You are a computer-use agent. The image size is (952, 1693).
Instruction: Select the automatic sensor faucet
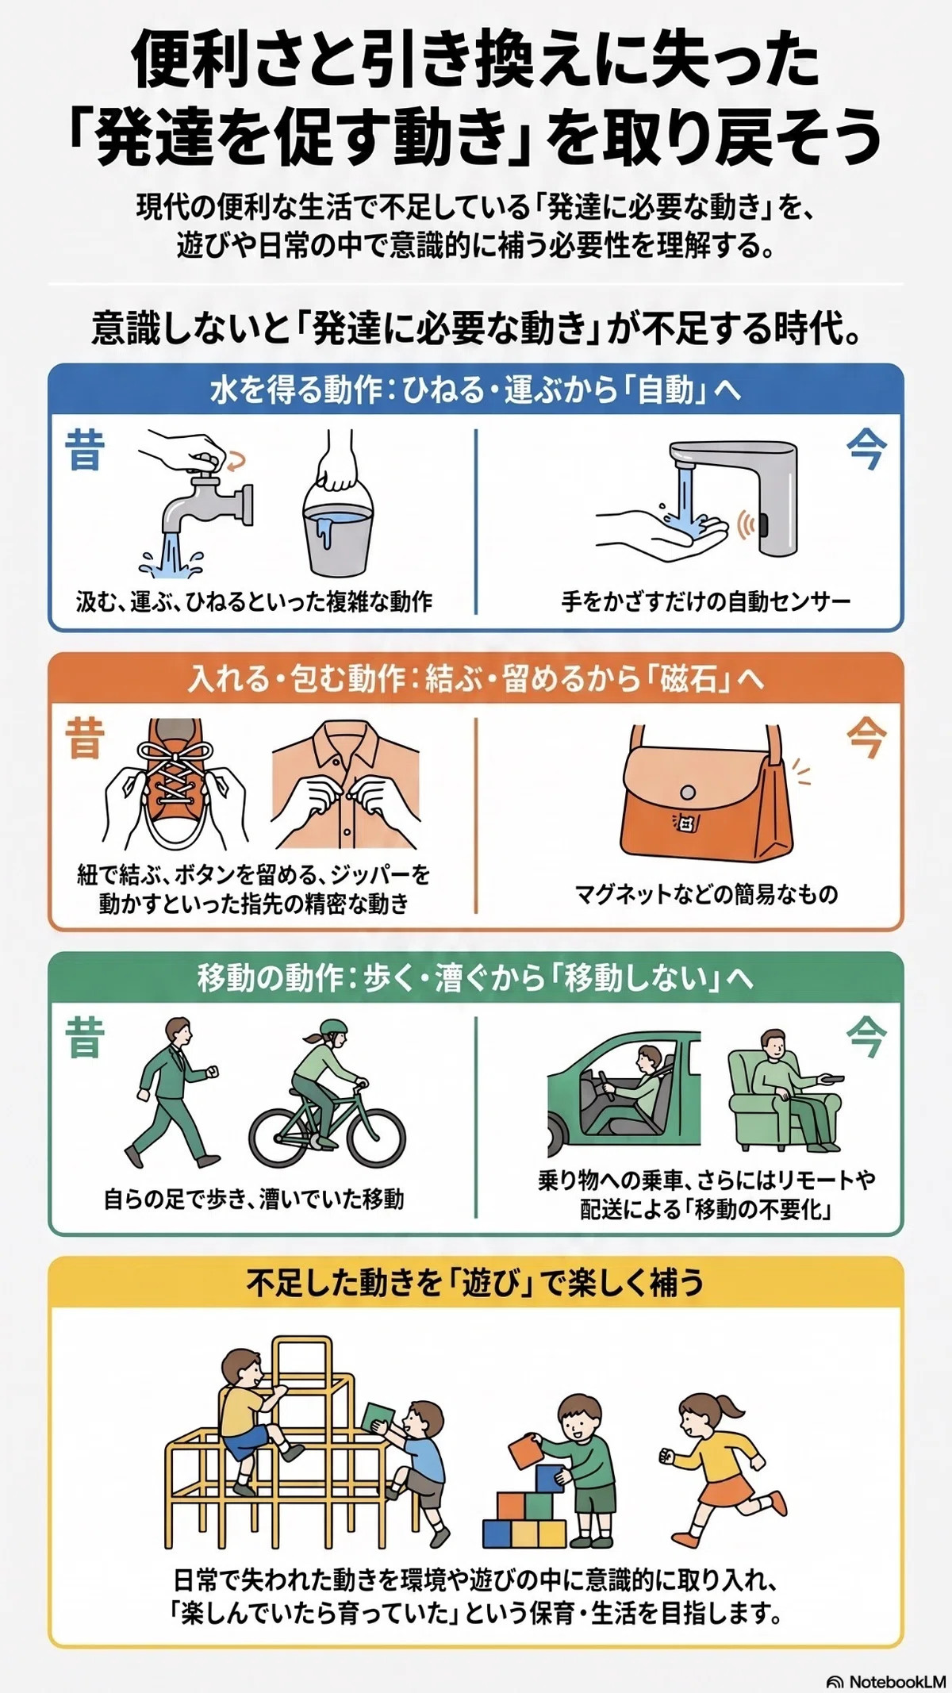click(x=738, y=492)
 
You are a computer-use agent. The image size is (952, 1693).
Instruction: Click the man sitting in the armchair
click(x=785, y=1091)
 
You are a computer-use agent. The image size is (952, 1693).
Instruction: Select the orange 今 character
click(x=866, y=738)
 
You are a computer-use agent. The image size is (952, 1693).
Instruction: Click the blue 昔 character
click(x=85, y=449)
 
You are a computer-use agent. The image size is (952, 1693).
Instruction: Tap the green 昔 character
click(x=85, y=1038)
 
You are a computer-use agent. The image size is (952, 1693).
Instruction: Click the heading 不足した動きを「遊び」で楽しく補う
click(x=475, y=1282)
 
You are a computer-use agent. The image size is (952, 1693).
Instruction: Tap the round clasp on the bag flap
click(x=688, y=793)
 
